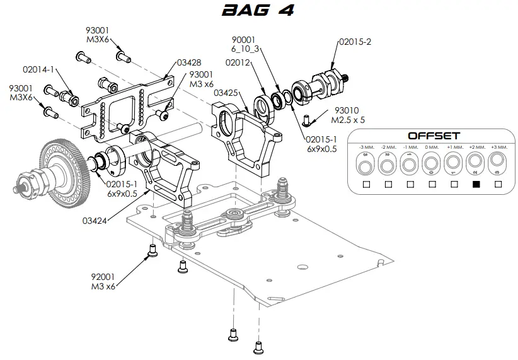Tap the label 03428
coord(189,62)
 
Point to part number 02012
coord(238,62)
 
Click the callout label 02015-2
coord(355,42)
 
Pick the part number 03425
coord(225,93)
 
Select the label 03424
coord(94,220)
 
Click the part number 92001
coord(103,276)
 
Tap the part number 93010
coord(347,109)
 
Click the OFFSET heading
coord(434,136)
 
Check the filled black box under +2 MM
coord(476,184)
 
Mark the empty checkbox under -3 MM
coord(366,184)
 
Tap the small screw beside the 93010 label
coord(308,118)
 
